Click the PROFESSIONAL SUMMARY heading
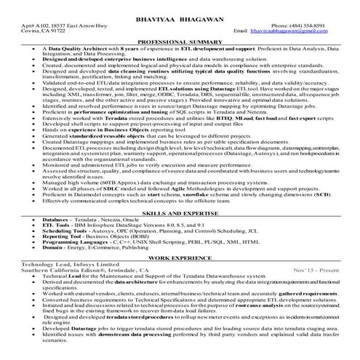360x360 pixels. (180, 42)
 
